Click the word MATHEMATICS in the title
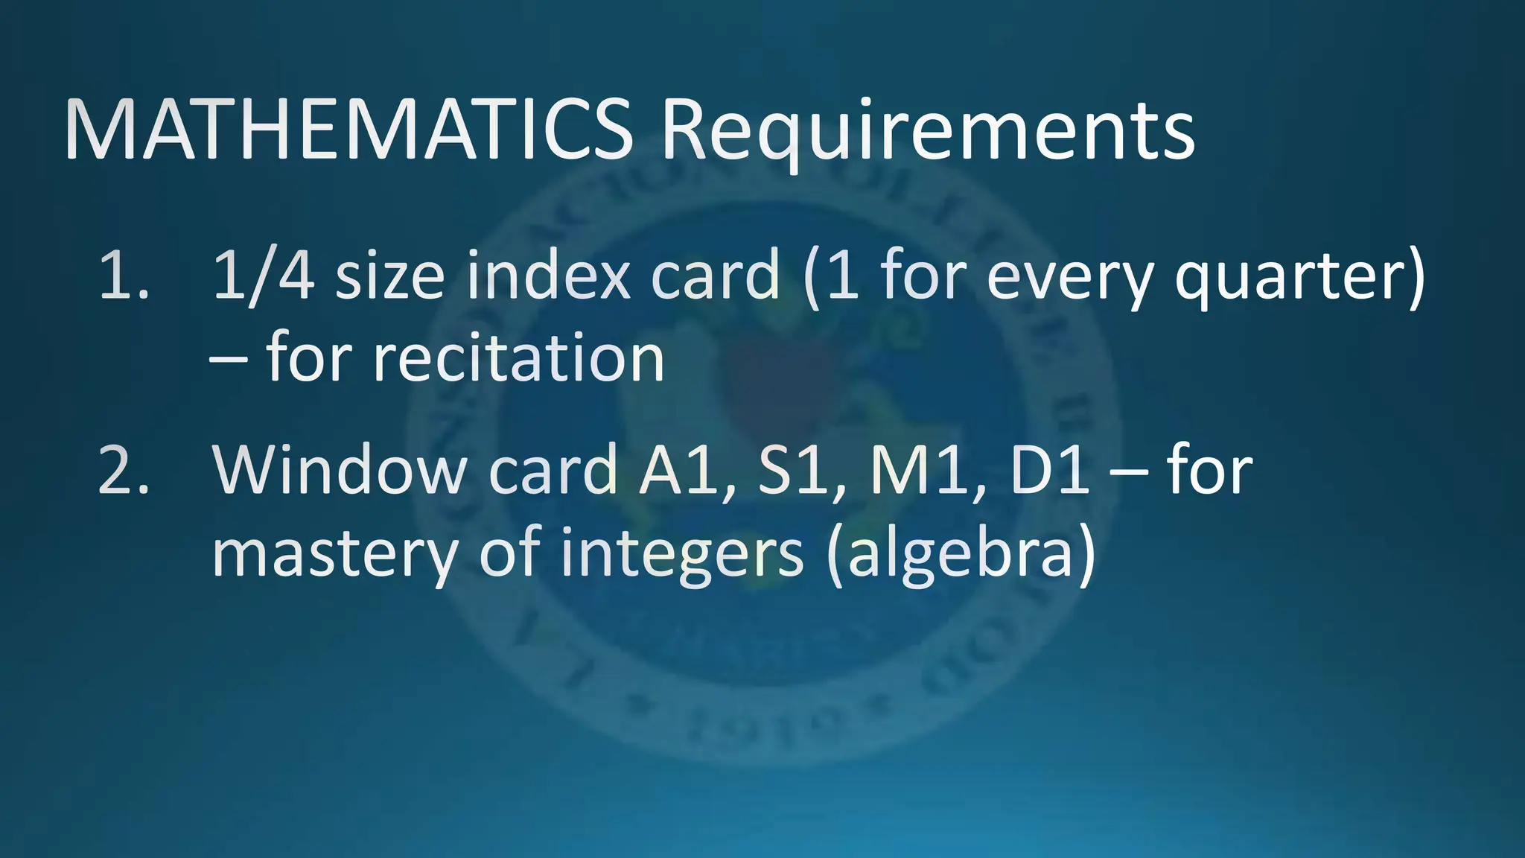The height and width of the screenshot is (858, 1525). (348, 130)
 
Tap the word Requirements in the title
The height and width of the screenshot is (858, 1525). (928, 133)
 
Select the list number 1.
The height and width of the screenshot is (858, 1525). (123, 276)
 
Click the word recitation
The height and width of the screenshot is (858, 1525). (518, 358)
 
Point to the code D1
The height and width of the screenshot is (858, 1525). (1050, 470)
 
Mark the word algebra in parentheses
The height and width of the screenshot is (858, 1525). (961, 555)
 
